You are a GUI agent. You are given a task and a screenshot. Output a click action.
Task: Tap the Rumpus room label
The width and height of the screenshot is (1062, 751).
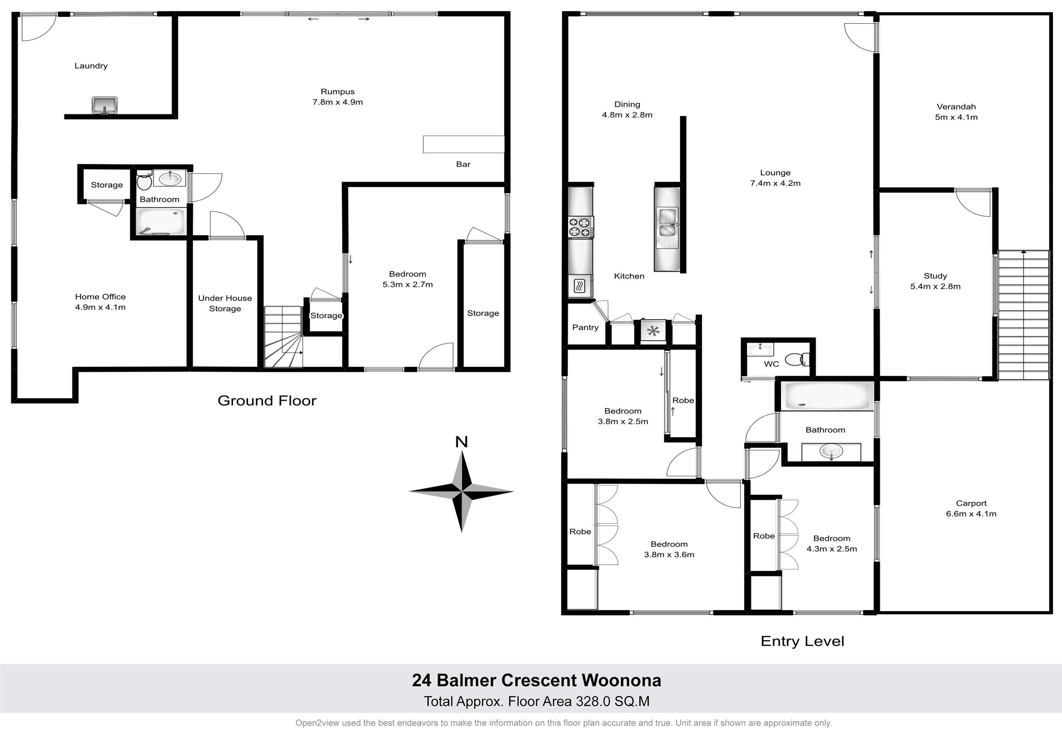[x=338, y=92]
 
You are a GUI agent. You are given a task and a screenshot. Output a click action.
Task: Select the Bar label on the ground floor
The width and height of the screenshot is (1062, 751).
[x=463, y=164]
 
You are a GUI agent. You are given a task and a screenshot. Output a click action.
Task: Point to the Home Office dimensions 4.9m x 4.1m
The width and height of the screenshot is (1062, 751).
[x=101, y=307]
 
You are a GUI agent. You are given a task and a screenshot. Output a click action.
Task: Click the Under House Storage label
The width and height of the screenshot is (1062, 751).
[x=225, y=303]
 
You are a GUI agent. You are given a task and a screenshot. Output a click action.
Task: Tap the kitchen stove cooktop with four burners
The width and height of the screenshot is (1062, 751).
[x=580, y=228]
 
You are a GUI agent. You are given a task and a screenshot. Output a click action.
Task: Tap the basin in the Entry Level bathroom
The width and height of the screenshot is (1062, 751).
[x=831, y=452]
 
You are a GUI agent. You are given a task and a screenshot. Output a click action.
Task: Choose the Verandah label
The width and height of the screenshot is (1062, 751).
[x=956, y=107]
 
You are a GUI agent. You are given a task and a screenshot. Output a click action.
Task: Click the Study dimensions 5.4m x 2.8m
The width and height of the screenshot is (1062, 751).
[x=935, y=286]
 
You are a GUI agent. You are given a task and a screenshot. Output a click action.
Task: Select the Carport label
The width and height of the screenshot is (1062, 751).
[x=971, y=504]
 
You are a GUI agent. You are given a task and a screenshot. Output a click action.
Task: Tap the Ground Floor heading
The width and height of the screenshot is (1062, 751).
[x=267, y=401]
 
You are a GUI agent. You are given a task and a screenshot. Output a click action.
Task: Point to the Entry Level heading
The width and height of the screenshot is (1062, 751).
[x=803, y=641]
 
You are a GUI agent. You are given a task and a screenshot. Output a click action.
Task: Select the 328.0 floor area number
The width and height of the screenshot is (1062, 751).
[x=592, y=702]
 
